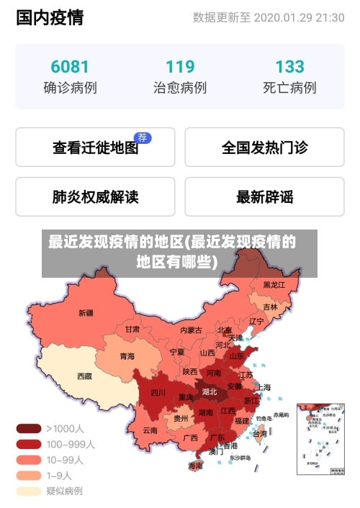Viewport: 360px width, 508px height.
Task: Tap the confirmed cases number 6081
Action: pyautogui.click(x=70, y=66)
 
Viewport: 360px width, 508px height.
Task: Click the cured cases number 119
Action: pyautogui.click(x=180, y=66)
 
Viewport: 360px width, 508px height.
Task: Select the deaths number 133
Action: pyautogui.click(x=289, y=66)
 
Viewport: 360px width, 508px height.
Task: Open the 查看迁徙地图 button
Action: pyautogui.click(x=95, y=148)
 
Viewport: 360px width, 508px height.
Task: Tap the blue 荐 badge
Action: pyautogui.click(x=143, y=137)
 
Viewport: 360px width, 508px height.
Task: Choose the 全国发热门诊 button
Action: pyautogui.click(x=264, y=148)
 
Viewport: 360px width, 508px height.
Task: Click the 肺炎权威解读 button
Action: pyautogui.click(x=95, y=196)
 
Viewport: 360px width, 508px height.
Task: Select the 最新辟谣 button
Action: pyautogui.click(x=264, y=196)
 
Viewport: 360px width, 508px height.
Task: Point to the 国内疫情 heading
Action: pyautogui.click(x=50, y=17)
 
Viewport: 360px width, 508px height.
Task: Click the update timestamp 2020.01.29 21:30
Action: pyautogui.click(x=299, y=17)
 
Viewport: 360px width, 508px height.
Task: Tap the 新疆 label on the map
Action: pyautogui.click(x=86, y=312)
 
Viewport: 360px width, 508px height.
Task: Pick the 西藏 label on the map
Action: pyautogui.click(x=84, y=375)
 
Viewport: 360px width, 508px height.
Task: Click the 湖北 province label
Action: pyautogui.click(x=210, y=392)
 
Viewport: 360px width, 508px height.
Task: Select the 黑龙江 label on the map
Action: pyautogui.click(x=274, y=285)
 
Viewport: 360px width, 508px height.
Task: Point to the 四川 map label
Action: pyautogui.click(x=158, y=392)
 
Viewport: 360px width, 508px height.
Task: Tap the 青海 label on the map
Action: pyautogui.click(x=127, y=355)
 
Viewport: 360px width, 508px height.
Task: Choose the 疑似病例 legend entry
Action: pyautogui.click(x=64, y=491)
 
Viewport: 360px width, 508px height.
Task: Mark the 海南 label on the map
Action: pyautogui.click(x=195, y=466)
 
